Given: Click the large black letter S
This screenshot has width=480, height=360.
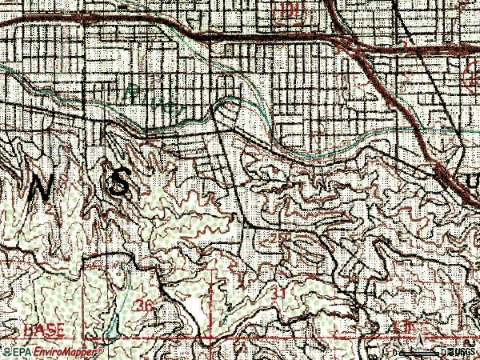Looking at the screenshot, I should click(x=119, y=186).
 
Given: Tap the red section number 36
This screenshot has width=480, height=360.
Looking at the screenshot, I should click(x=144, y=306).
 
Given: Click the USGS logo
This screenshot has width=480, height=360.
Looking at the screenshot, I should click(x=464, y=352).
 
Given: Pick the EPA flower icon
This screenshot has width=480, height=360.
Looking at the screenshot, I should click(x=6, y=352).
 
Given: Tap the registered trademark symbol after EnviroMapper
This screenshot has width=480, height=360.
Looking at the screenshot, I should click(x=102, y=350).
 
